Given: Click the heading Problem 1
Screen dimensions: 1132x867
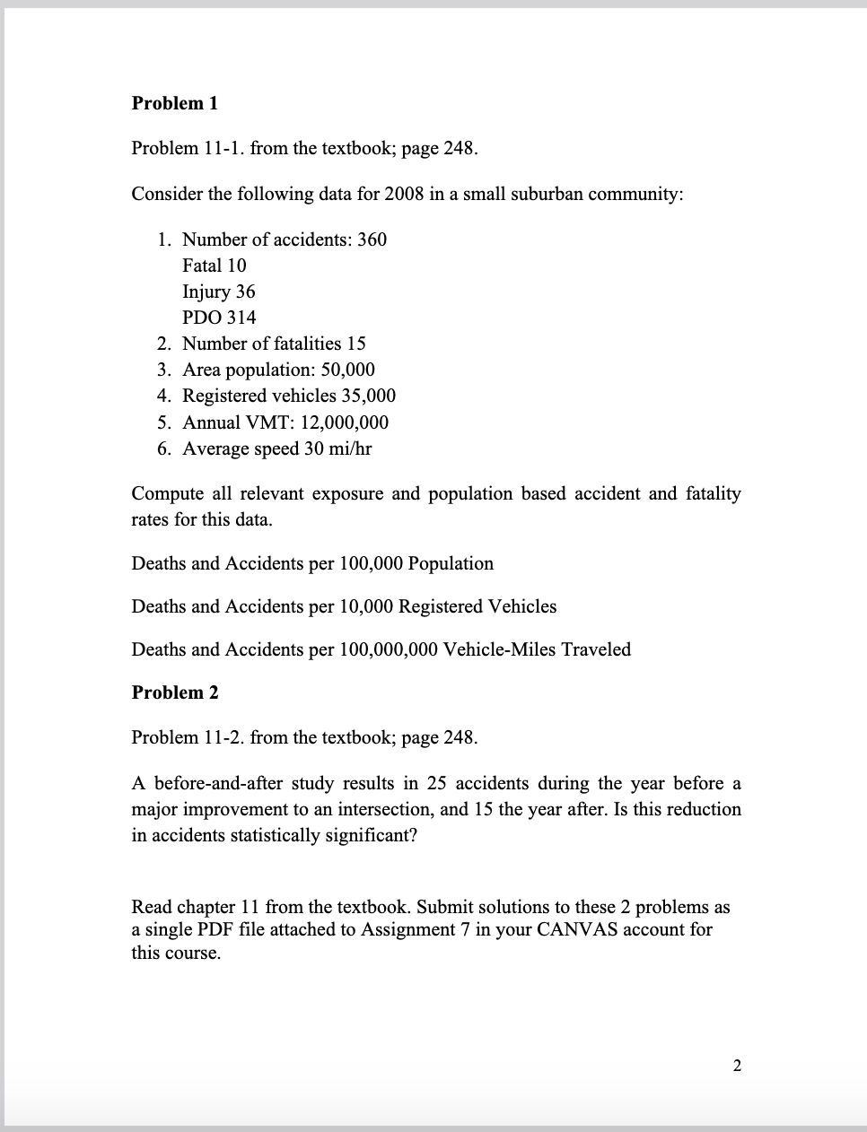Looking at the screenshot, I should (x=174, y=103).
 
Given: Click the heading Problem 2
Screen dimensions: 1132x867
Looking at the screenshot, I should (x=174, y=692).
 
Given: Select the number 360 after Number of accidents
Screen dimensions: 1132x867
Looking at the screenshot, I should (x=372, y=239).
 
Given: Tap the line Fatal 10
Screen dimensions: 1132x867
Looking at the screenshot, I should (x=214, y=266).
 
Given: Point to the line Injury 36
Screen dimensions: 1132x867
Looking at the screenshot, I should (x=218, y=292).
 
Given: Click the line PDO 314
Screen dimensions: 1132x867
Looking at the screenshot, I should (x=218, y=318).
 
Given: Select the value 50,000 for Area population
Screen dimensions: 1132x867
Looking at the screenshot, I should (x=345, y=370).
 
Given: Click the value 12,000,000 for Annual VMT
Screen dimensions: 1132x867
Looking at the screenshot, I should (x=346, y=422).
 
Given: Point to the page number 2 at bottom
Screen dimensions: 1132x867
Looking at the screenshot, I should (x=737, y=1066).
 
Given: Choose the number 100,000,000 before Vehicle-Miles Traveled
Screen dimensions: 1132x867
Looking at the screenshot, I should (x=389, y=649).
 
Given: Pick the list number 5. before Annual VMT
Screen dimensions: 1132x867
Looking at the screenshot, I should (x=164, y=422).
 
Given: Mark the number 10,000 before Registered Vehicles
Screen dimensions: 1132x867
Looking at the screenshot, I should (x=366, y=606).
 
